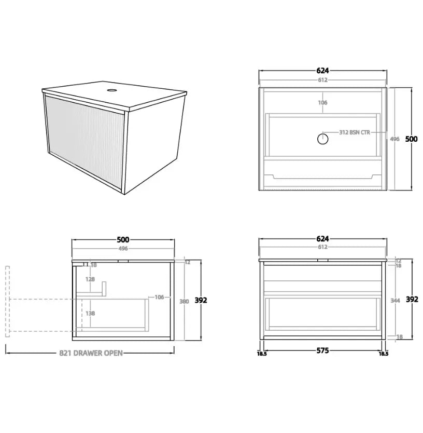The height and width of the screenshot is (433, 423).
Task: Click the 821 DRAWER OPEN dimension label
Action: pos(91,353)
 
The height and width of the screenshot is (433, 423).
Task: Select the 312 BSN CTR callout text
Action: pos(355,132)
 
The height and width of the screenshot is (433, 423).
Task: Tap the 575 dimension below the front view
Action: pos(322,350)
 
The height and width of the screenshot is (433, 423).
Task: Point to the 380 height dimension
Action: pos(184,301)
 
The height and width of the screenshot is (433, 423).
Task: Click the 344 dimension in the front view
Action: pos(395,301)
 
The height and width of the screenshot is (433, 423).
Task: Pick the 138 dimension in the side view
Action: pos(90,313)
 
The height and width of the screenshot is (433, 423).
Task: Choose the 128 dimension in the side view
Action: pos(90,279)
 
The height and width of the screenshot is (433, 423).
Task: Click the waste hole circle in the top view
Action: pos(322,139)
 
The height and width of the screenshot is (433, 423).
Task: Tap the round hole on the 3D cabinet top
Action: pos(111,90)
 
